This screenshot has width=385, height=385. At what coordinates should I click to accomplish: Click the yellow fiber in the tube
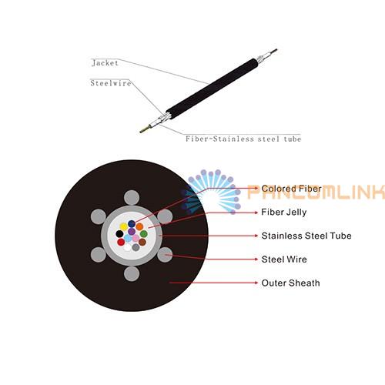[124, 226]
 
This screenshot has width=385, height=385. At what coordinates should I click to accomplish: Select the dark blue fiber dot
[132, 223]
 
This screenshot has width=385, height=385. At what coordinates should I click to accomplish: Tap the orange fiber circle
[139, 226]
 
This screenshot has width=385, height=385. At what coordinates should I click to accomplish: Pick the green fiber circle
[143, 234]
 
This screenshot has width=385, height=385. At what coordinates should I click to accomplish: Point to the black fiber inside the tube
[119, 234]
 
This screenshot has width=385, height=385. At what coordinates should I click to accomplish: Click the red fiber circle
[121, 242]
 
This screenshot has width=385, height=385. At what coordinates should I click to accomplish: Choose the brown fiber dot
[142, 242]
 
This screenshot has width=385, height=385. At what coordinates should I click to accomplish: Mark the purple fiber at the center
[132, 231]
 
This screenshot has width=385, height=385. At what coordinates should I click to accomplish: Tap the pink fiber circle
[136, 238]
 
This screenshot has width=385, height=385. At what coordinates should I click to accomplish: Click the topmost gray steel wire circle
[132, 198]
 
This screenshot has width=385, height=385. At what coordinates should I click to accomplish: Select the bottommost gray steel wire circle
[132, 273]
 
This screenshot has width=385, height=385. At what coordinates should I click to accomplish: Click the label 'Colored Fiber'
[291, 189]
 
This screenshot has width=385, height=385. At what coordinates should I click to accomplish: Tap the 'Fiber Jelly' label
[284, 213]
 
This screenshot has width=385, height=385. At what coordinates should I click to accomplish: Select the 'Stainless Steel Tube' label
[306, 236]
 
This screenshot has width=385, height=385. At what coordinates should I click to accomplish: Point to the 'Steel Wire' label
[284, 259]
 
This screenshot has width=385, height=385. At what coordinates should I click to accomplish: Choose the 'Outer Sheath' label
[290, 283]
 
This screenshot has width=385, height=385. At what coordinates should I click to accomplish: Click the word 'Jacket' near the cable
[105, 63]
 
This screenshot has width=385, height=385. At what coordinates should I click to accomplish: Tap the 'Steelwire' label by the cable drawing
[111, 83]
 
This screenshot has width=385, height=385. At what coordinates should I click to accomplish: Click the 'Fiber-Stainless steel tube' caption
[243, 139]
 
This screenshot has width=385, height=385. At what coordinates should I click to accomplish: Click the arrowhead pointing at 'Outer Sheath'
[256, 283]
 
